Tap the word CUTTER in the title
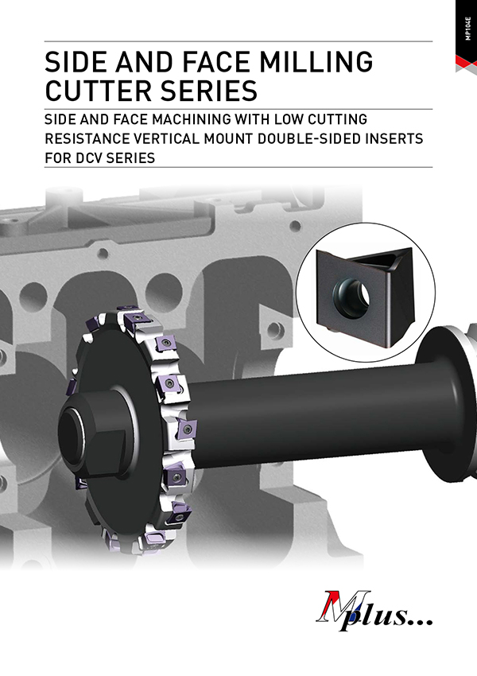[x=99, y=91]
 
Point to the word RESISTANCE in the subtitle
[x=87, y=139]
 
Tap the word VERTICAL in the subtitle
[x=167, y=139]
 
